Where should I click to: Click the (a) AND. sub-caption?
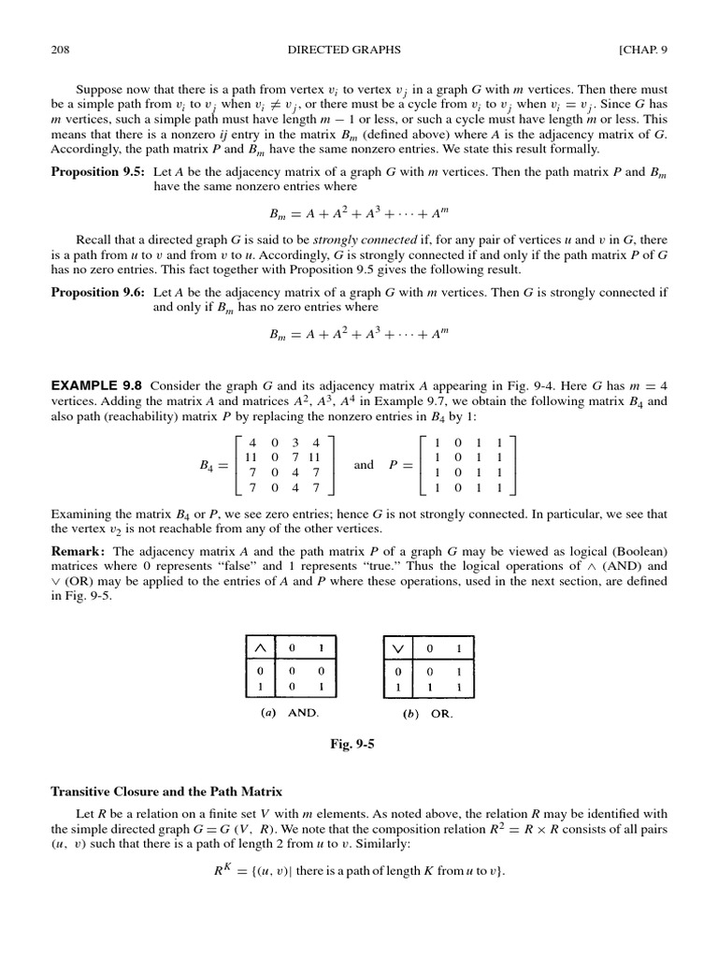point(290,712)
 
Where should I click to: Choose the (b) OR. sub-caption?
point(428,712)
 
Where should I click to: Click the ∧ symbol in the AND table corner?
point(259,646)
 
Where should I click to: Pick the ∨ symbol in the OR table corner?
point(399,646)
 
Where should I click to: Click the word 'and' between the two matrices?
point(364,464)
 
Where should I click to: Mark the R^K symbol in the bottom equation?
point(223,870)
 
